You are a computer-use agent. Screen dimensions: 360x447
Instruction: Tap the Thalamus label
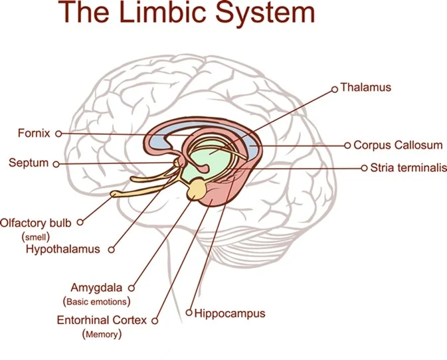tap(366, 87)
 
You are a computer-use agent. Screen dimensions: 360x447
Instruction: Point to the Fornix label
tap(34, 134)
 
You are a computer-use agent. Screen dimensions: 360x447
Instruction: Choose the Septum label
tap(29, 163)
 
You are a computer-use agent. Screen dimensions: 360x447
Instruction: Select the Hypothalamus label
tap(63, 250)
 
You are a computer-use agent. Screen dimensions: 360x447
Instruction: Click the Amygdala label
tap(98, 288)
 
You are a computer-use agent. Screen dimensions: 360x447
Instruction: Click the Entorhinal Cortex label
tap(102, 320)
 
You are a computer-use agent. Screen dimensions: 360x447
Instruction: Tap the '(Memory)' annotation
tap(102, 334)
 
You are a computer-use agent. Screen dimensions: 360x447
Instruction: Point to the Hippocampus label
tap(230, 313)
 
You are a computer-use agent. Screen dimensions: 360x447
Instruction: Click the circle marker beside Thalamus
tap(334, 87)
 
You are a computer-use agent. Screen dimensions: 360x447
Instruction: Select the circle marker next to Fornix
tap(58, 134)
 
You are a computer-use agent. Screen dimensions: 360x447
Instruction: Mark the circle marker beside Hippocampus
tap(189, 312)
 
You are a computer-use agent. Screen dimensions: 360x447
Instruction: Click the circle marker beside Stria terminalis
tap(364, 168)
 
